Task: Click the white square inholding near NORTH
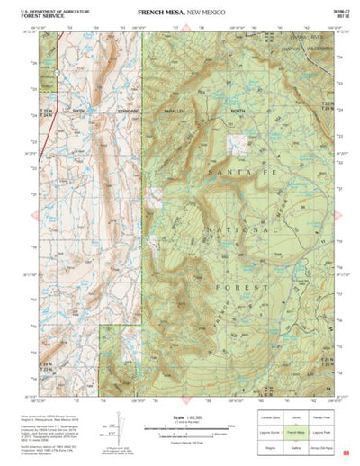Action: point(239,143)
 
